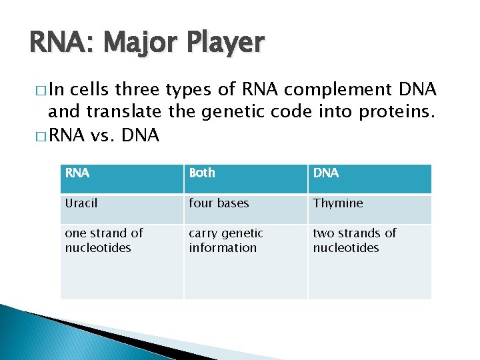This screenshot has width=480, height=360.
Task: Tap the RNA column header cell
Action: click(121, 179)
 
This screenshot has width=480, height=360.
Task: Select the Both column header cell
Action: click(245, 179)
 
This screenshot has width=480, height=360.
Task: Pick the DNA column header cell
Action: click(369, 179)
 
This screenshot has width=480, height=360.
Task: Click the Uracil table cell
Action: click(121, 209)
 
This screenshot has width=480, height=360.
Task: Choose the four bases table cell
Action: click(245, 209)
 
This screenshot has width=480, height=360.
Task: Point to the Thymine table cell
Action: click(369, 209)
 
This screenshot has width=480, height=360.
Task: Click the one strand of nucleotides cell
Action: click(121, 261)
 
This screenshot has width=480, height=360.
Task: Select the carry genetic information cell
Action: click(245, 261)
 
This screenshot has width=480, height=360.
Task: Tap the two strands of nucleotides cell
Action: click(369, 261)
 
